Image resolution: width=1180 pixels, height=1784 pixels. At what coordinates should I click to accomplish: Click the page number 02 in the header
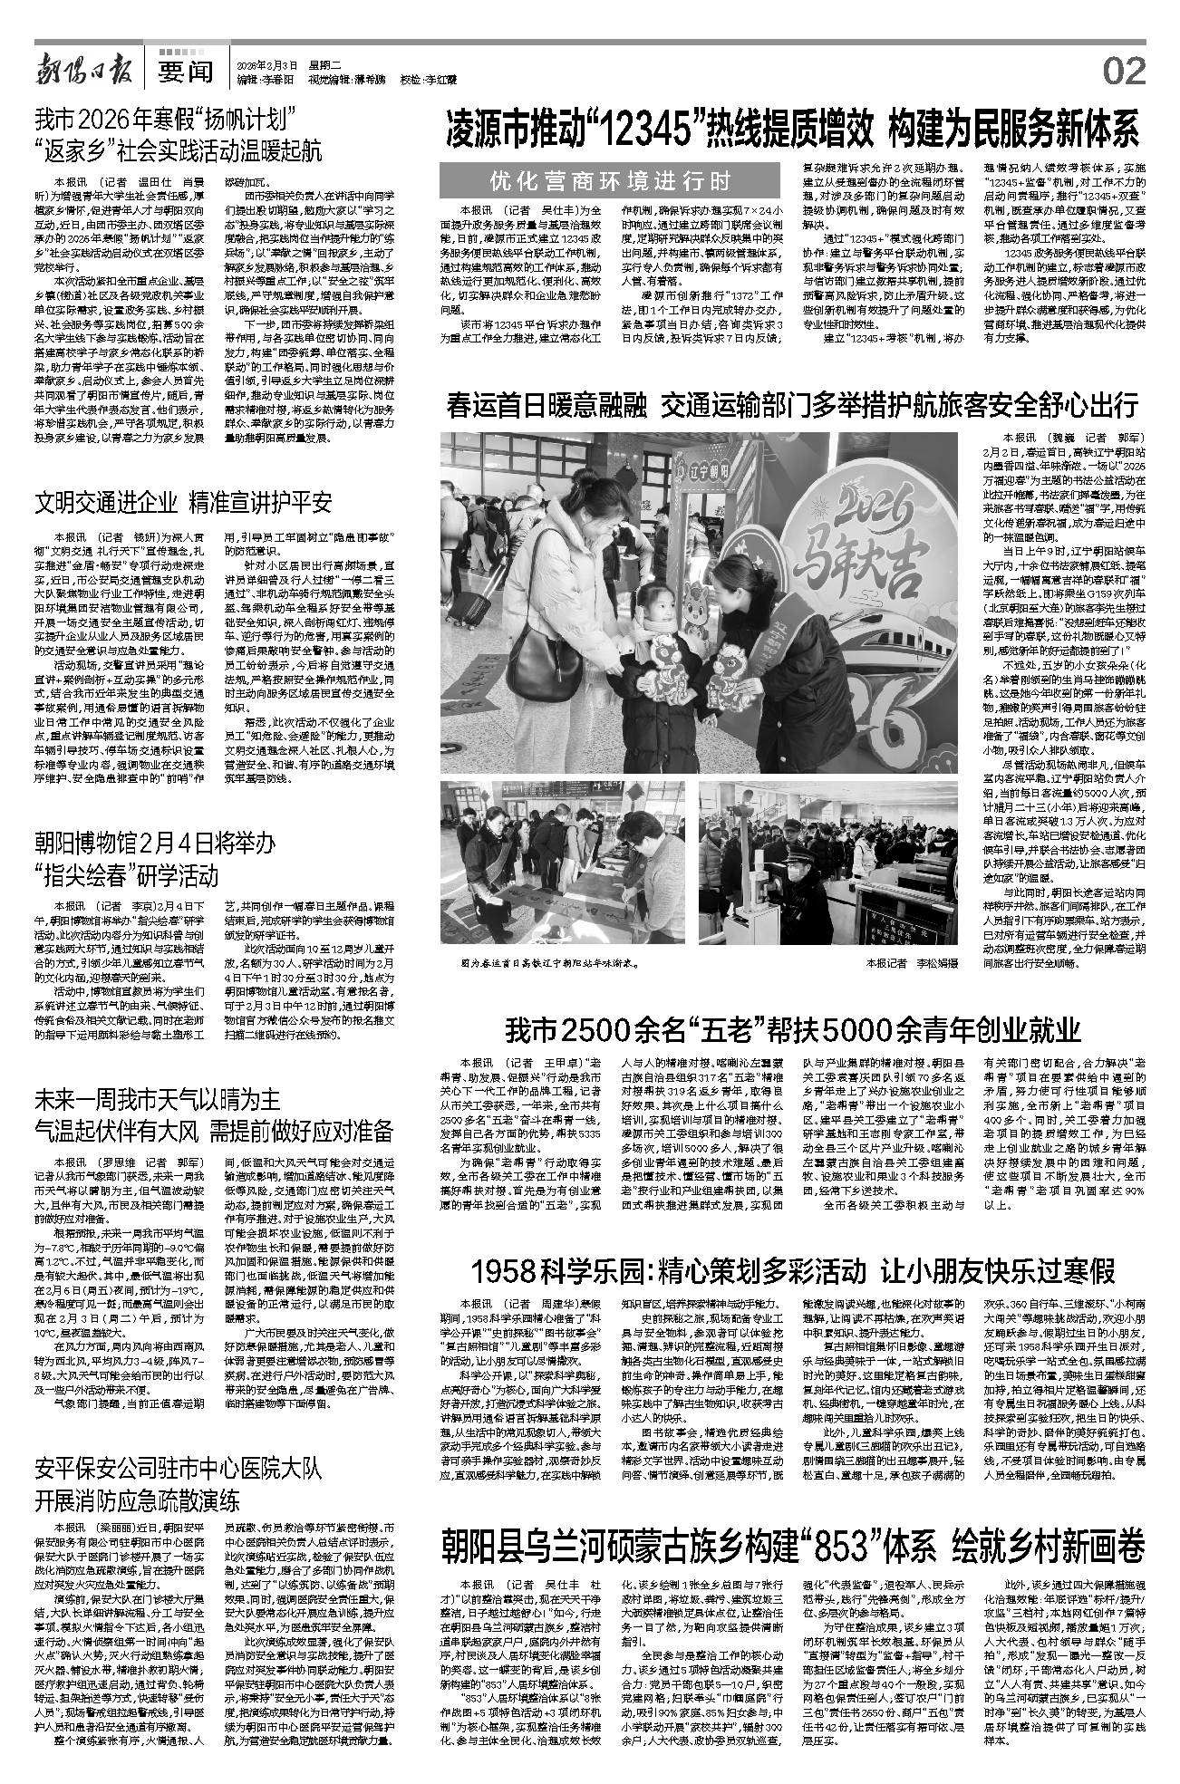click(x=1124, y=69)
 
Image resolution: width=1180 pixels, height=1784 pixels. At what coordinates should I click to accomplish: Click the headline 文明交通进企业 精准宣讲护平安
click(x=184, y=503)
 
